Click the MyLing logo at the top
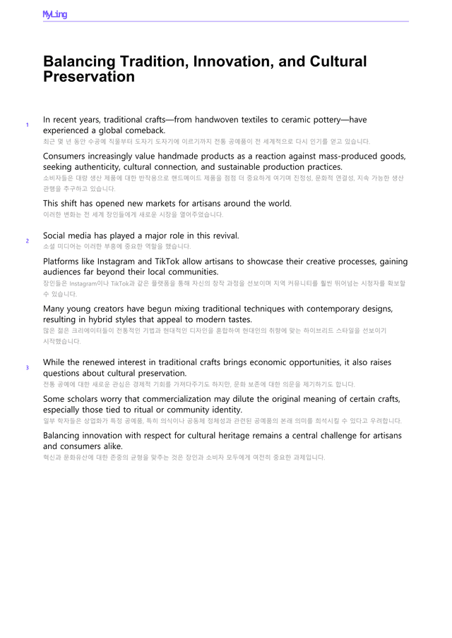pos(54,14)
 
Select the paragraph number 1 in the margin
pos(27,125)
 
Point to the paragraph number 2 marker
pos(27,241)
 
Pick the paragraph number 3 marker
pos(27,368)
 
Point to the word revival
pos(222,235)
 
